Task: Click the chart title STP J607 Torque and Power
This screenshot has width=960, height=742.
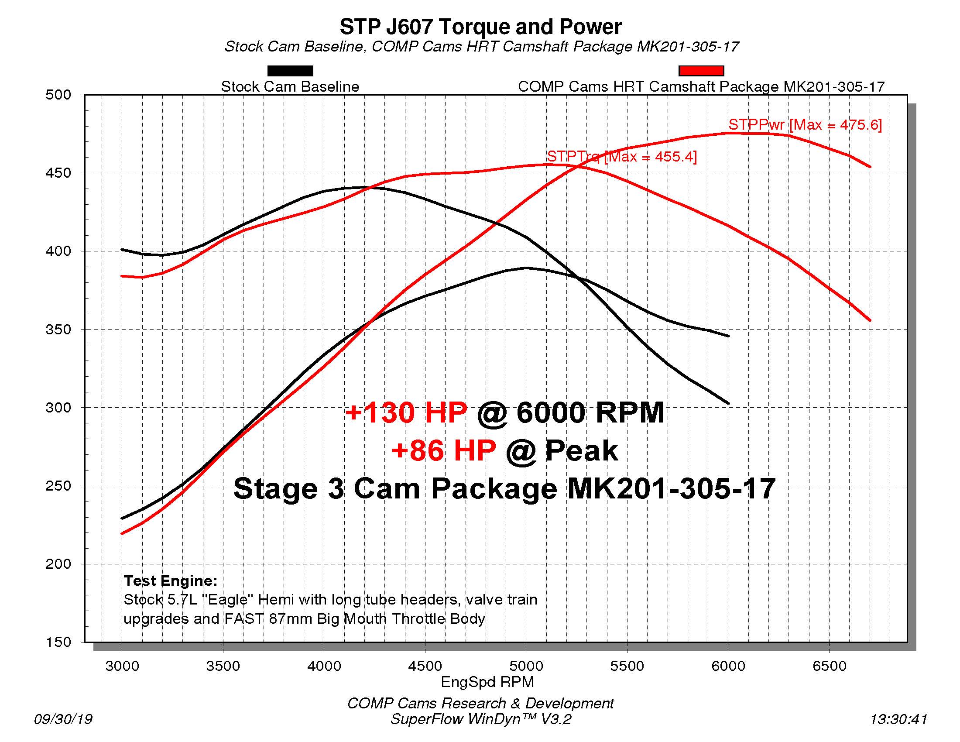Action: tap(480, 27)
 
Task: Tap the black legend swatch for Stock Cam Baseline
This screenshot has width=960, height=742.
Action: tap(290, 71)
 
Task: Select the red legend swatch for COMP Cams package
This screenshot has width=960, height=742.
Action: tap(701, 71)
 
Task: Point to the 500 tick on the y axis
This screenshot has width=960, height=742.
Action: tap(58, 95)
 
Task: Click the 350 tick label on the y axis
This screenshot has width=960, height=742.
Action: tap(58, 330)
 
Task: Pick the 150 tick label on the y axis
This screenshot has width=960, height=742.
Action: tap(58, 642)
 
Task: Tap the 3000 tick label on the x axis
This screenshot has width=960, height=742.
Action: tap(122, 666)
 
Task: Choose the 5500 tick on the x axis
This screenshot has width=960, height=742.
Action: tap(627, 666)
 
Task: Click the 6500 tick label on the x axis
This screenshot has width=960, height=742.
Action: tap(830, 666)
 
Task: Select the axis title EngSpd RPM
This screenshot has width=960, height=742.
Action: tap(487, 682)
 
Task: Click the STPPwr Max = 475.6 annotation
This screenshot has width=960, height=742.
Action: tap(805, 125)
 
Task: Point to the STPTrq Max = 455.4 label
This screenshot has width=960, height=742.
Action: tap(621, 157)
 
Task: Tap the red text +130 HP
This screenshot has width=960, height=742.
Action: tap(406, 413)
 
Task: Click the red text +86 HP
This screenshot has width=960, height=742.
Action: tap(443, 451)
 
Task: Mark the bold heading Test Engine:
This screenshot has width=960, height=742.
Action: tap(171, 581)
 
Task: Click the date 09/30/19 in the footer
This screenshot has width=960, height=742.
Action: tap(63, 719)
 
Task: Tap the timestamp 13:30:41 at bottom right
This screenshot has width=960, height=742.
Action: tap(898, 719)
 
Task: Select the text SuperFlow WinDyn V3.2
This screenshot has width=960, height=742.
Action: tap(480, 719)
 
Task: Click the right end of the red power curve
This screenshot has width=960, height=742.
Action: tap(870, 167)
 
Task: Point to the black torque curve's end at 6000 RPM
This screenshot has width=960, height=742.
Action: tap(728, 403)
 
